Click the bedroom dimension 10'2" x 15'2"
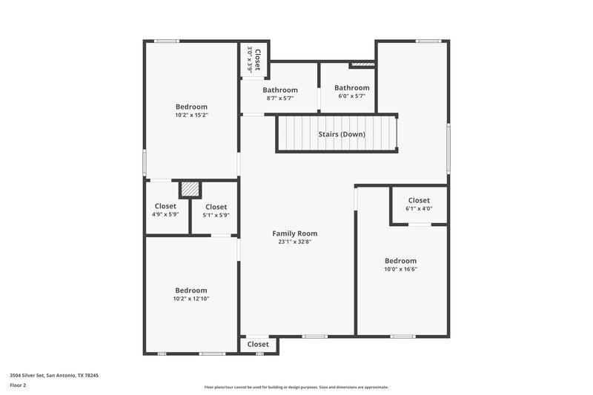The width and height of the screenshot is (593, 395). (x=191, y=116)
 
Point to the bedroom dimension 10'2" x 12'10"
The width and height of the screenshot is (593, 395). (x=191, y=299)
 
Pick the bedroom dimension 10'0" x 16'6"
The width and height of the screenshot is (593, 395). (x=400, y=270)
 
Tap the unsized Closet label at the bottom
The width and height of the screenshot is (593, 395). (x=258, y=345)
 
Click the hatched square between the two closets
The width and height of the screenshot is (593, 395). (x=191, y=189)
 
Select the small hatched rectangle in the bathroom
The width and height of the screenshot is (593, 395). (x=361, y=65)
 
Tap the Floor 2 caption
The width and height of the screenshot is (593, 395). (x=18, y=386)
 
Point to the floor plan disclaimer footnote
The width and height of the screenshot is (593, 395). (x=296, y=387)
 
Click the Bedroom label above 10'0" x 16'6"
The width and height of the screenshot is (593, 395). (x=400, y=261)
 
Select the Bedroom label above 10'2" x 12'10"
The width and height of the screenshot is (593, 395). (x=191, y=291)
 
